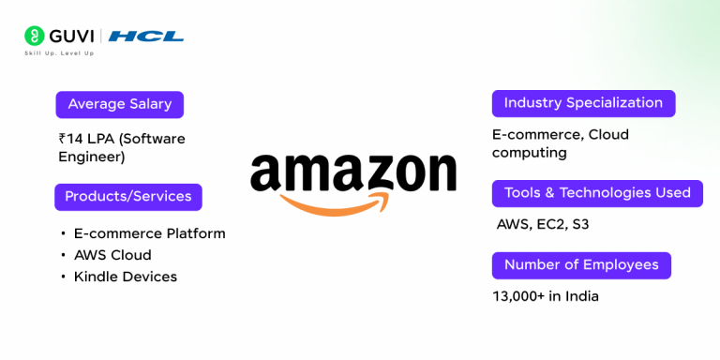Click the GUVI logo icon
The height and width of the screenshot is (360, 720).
click(x=35, y=37)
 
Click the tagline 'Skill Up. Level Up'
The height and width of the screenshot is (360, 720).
click(x=59, y=53)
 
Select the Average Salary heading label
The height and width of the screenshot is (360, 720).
click(x=120, y=104)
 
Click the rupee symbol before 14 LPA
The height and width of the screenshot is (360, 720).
click(x=63, y=139)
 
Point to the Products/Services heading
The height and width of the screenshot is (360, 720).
click(x=128, y=197)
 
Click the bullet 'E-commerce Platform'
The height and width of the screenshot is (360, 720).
click(x=149, y=233)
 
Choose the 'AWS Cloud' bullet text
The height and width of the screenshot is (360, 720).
click(x=112, y=255)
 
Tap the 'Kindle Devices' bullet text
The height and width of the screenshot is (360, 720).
click(x=125, y=277)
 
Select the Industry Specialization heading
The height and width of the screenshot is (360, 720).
click(x=583, y=103)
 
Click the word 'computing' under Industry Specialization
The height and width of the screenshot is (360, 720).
click(x=529, y=153)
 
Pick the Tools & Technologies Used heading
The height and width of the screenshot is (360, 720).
click(x=597, y=193)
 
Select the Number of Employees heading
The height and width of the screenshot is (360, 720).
click(x=581, y=265)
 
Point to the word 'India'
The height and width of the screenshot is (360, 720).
click(x=580, y=296)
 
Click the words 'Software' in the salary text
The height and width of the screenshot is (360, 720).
click(x=153, y=139)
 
